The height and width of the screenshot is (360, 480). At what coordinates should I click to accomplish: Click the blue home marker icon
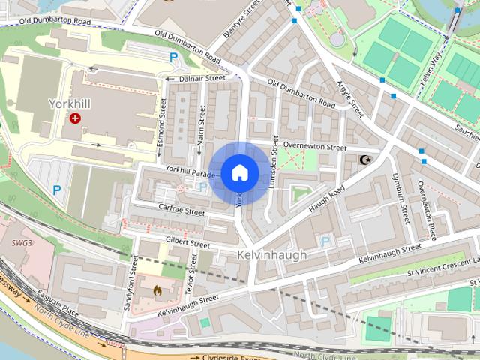click(239, 173)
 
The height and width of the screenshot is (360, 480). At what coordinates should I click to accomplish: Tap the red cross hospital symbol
click(75, 118)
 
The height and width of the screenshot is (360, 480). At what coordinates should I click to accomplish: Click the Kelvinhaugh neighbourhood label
click(271, 255)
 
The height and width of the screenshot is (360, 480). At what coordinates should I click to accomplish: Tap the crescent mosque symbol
click(365, 160)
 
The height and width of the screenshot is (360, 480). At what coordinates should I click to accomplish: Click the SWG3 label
click(22, 243)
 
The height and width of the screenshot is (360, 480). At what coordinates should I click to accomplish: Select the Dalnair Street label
click(202, 78)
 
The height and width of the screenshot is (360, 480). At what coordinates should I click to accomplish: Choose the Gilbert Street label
click(187, 243)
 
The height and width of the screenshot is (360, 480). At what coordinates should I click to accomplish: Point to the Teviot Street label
click(190, 285)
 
